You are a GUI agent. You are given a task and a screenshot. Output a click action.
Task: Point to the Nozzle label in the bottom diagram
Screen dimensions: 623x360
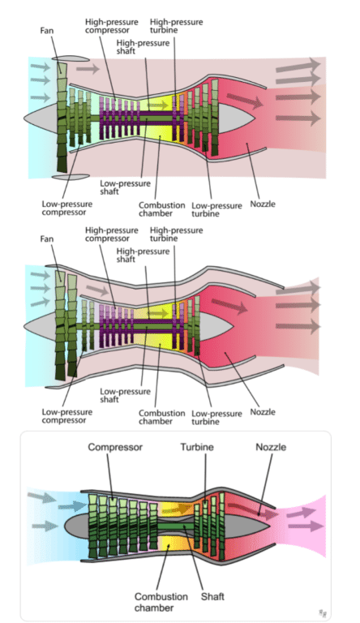click(271, 447)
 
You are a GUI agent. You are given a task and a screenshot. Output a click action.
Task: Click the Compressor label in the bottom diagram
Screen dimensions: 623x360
click(114, 447)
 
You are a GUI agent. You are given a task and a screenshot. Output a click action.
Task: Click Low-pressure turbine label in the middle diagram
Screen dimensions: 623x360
click(216, 417)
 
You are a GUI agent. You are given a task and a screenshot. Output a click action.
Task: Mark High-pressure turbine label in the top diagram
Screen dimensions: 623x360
click(176, 26)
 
